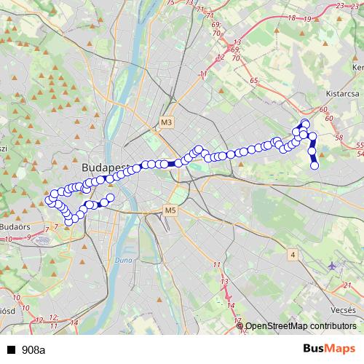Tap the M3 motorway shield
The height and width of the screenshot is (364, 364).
(x=168, y=122)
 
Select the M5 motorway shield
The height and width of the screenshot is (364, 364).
(x=170, y=210)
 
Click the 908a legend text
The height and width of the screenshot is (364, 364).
(x=33, y=349)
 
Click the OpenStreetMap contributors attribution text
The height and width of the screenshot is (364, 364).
(x=301, y=326)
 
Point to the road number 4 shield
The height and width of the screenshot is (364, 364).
(x=292, y=254)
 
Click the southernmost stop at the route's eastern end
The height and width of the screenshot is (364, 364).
(x=314, y=166)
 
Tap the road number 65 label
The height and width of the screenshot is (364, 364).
(x=253, y=81)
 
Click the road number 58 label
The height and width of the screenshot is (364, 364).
(x=338, y=137)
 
